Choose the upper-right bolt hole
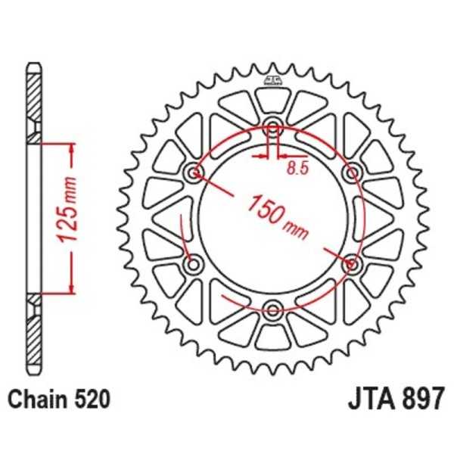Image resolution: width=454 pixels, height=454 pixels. (351, 173)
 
